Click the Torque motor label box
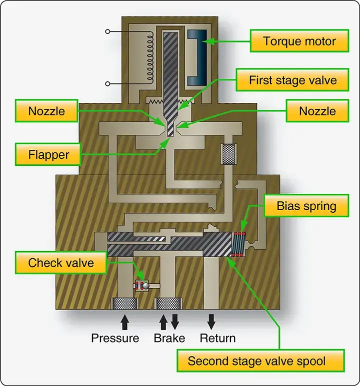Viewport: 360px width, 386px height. (x=299, y=41)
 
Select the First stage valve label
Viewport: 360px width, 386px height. (x=292, y=80)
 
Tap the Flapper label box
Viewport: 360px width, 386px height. (x=48, y=155)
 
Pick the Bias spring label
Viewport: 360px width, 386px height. (x=306, y=206)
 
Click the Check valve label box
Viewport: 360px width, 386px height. (x=61, y=263)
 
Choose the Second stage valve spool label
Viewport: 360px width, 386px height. (x=260, y=361)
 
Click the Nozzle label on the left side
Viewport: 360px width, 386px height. (x=46, y=111)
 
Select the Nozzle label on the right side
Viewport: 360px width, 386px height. (x=317, y=111)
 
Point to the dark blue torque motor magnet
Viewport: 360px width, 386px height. (x=197, y=57)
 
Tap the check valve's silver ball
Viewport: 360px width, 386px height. (x=145, y=286)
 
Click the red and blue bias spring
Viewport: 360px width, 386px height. (x=238, y=244)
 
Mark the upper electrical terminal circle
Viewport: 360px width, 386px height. (x=107, y=31)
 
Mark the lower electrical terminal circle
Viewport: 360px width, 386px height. (x=107, y=84)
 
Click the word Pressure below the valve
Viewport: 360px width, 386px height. (x=115, y=338)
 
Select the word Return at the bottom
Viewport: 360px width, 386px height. (x=217, y=338)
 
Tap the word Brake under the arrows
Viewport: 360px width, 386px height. (x=169, y=338)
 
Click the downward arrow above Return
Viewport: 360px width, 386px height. (x=211, y=322)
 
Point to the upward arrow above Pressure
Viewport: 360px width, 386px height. (x=125, y=322)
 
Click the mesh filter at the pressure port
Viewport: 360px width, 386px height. (x=124, y=304)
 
